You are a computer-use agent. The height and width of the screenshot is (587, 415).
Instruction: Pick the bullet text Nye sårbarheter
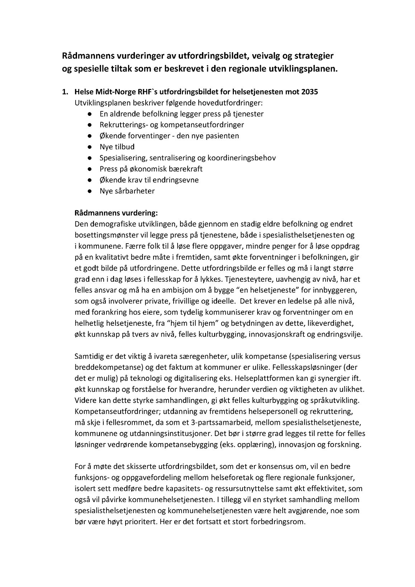[127, 191]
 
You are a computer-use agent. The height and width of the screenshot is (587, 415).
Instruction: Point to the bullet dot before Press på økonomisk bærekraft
[89, 169]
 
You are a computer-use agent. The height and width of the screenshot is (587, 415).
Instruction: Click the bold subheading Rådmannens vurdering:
[116, 213]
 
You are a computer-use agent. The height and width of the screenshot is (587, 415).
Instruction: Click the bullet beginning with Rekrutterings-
[172, 125]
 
